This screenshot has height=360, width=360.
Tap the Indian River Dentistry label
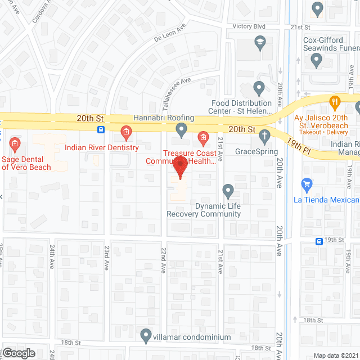(x=101, y=148)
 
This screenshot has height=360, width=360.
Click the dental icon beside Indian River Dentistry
(x=126, y=133)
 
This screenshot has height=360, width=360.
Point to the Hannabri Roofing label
(x=164, y=118)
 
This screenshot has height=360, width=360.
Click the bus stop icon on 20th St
(x=101, y=130)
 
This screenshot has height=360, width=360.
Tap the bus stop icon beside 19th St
(x=319, y=241)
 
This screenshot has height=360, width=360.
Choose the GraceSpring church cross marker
(x=264, y=136)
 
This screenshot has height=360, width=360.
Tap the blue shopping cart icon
(x=307, y=184)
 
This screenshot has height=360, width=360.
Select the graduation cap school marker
(x=259, y=41)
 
